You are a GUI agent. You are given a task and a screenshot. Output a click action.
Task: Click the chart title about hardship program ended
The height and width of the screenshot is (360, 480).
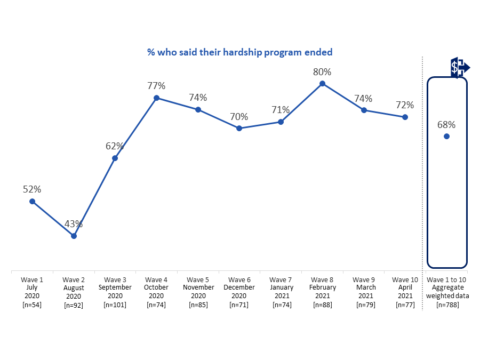239,52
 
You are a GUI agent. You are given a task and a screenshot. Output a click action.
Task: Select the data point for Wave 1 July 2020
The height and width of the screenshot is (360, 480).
32,201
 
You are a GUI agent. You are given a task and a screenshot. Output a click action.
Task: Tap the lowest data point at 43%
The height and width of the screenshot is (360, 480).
74,236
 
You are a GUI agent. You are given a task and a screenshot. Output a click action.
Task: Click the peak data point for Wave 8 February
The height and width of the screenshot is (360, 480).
322,83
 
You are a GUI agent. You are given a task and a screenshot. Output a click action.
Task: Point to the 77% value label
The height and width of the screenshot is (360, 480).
156,86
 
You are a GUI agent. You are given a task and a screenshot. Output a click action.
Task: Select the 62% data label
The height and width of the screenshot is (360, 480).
115,146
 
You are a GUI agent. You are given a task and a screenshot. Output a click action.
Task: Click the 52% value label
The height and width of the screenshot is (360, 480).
32,189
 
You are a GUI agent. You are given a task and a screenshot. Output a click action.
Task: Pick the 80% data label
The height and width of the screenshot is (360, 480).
322,71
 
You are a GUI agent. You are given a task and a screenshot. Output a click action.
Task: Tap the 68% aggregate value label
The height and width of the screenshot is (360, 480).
446,125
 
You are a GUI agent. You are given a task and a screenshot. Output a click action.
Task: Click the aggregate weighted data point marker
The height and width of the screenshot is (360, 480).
446,137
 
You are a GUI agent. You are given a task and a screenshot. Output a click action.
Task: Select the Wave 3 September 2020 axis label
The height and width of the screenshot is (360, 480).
115,292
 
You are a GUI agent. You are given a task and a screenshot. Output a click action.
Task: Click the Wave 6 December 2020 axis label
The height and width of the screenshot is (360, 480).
239,292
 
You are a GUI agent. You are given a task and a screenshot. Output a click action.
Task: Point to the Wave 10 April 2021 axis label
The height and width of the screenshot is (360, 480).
405,292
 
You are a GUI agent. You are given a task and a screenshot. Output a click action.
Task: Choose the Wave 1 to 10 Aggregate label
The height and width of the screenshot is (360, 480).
447,292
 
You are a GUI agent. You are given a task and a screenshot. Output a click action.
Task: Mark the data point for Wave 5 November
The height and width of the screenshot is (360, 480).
198,109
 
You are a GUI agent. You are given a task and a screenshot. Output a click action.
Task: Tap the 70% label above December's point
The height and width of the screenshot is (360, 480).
239,116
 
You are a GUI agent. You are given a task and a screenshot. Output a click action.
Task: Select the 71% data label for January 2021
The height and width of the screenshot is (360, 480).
281,110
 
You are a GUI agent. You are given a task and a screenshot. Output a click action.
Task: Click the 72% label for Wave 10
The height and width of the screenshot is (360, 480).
405,105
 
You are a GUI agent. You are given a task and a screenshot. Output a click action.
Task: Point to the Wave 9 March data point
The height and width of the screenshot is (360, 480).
364,110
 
